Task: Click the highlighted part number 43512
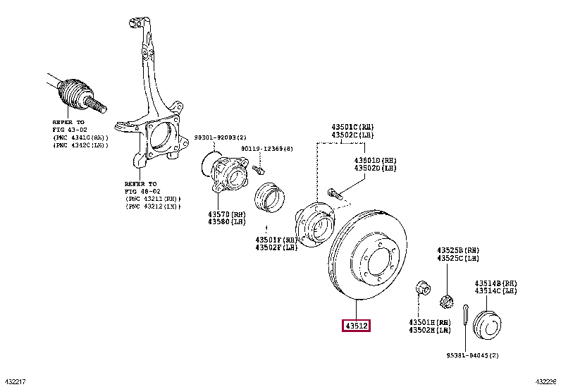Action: point(357,326)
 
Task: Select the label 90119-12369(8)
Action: point(267,149)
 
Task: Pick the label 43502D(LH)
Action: point(376,168)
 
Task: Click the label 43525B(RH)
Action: point(457,250)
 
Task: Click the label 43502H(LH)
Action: point(430,331)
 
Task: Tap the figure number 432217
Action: point(14,381)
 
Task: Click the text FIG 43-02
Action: point(67,129)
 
